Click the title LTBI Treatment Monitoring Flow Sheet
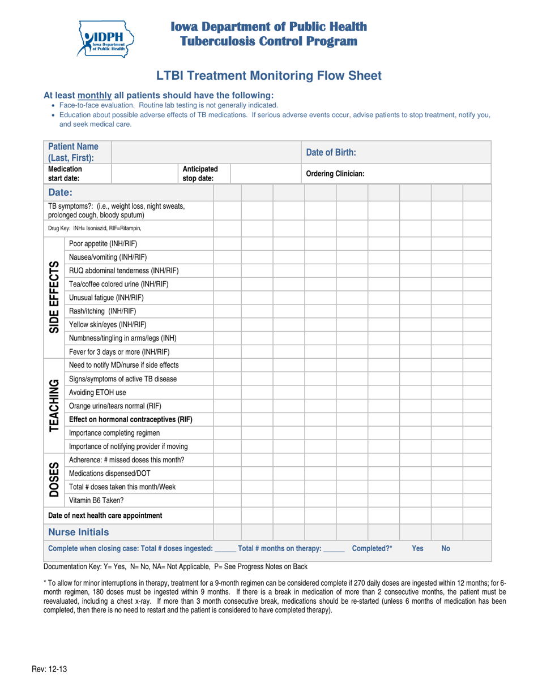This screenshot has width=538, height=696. tap(268, 76)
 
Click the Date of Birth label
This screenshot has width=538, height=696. tap(331, 152)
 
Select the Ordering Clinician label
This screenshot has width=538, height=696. tap(335, 174)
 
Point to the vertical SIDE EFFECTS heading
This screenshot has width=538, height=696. tap(54, 297)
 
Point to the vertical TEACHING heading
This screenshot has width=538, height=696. tap(54, 405)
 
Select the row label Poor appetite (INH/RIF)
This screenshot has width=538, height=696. tap(103, 244)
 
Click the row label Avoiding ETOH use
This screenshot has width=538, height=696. tap(97, 392)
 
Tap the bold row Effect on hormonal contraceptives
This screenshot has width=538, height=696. tap(130, 419)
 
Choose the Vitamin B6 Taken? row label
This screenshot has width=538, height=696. tap(96, 500)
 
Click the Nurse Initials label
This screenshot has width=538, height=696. tap(79, 532)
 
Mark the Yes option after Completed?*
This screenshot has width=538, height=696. tap(417, 548)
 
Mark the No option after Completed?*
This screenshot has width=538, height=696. tap(446, 548)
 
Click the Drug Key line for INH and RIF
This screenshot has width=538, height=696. tap(95, 228)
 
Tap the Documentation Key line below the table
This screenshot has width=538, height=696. tap(176, 566)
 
